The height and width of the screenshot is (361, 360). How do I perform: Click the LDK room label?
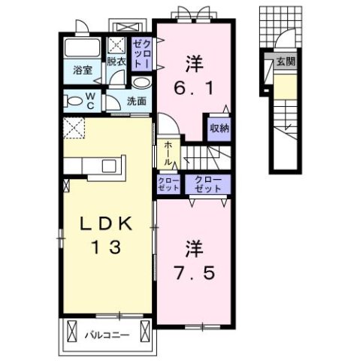click(108, 223)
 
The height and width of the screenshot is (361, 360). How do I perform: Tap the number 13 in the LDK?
click(107, 246)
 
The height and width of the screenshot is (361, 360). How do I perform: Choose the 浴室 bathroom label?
click(82, 70)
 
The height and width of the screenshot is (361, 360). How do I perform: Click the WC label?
click(88, 99)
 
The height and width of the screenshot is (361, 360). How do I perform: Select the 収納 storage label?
click(219, 127)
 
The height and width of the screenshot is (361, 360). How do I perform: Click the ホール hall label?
click(167, 153)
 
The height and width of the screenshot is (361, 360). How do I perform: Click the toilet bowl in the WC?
click(74, 99)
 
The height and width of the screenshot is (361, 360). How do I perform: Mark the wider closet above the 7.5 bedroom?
click(207, 185)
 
